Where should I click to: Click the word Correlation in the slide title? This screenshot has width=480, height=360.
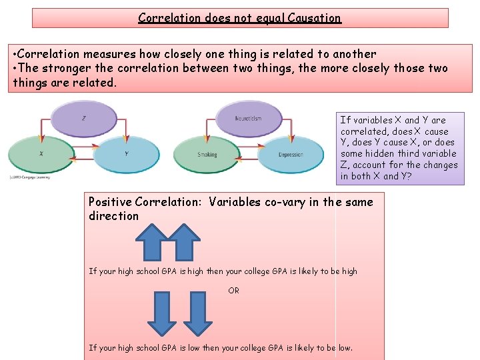169,18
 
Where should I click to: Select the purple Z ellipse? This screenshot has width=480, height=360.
84,119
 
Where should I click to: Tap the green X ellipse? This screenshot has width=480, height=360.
41,154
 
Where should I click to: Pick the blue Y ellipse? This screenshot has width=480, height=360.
126,154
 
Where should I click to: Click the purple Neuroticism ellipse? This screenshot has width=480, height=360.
248,119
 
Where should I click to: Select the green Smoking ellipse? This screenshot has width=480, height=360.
207,155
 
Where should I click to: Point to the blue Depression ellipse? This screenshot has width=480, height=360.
291,155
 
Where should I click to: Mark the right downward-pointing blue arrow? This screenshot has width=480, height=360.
196,312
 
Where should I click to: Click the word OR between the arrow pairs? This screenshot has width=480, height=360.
233,291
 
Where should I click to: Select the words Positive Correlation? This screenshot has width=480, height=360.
147,202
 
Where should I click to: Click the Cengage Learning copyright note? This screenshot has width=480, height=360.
31,176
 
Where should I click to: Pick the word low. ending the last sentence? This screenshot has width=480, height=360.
345,347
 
